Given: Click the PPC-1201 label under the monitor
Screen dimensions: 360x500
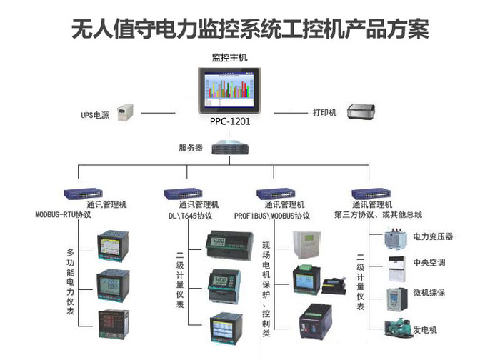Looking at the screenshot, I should tap(230, 122).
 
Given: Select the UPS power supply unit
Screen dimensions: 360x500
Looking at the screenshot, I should tap(126, 113).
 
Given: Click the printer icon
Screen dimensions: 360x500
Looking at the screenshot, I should tap(362, 111).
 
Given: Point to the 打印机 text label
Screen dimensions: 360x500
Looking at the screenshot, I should tap(324, 113).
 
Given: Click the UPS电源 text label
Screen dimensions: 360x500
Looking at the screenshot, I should tap(94, 114).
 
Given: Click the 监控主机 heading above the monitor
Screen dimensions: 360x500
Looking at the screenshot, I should tap(229, 56).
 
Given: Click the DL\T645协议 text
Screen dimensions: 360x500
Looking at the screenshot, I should tap(190, 215).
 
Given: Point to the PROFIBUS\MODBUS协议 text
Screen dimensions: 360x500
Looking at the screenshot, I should tap(272, 215).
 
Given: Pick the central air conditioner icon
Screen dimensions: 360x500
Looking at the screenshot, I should tap(395, 262).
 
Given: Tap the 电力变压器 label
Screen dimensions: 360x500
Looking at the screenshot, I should tap(433, 236).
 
